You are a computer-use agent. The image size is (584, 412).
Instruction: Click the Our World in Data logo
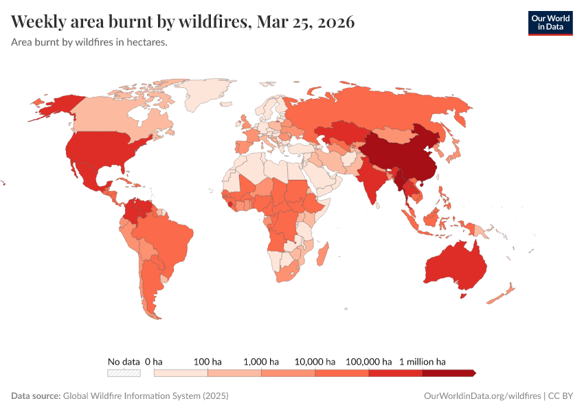550,22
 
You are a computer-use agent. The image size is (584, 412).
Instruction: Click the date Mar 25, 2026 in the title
305,22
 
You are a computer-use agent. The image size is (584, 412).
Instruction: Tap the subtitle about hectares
89,42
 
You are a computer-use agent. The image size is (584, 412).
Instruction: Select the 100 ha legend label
207,361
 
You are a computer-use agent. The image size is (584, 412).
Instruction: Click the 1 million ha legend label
423,361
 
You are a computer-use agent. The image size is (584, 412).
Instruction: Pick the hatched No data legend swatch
124,373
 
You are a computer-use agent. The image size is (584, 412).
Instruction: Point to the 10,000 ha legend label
315,361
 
